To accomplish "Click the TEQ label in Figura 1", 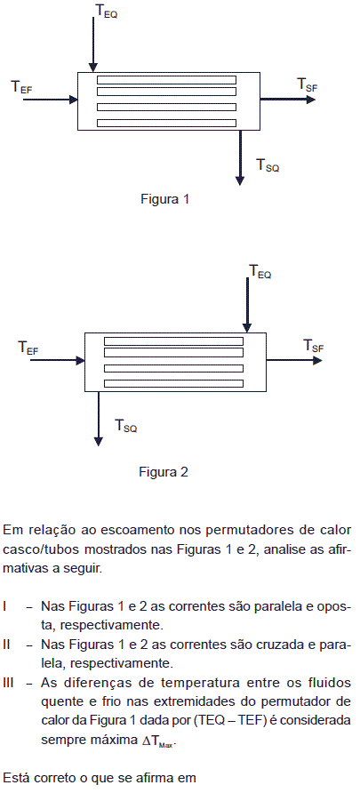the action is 107,12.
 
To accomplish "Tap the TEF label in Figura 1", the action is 22,87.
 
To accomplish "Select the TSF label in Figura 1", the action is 308,84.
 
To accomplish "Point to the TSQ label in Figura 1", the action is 268,164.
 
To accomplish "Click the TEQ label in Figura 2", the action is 260,271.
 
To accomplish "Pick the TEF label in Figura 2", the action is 28,348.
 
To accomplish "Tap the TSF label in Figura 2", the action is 314,346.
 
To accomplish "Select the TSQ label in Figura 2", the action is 126,425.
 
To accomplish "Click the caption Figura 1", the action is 164,199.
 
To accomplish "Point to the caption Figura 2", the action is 164,472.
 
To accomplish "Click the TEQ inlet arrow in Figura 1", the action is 93,44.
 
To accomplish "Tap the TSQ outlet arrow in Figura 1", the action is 240,157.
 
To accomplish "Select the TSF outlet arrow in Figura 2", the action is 294,361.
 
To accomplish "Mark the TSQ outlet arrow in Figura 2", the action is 99,419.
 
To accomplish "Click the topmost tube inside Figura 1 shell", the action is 166,80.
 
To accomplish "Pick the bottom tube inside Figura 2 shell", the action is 173,383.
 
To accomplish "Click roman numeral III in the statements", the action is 8,684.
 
